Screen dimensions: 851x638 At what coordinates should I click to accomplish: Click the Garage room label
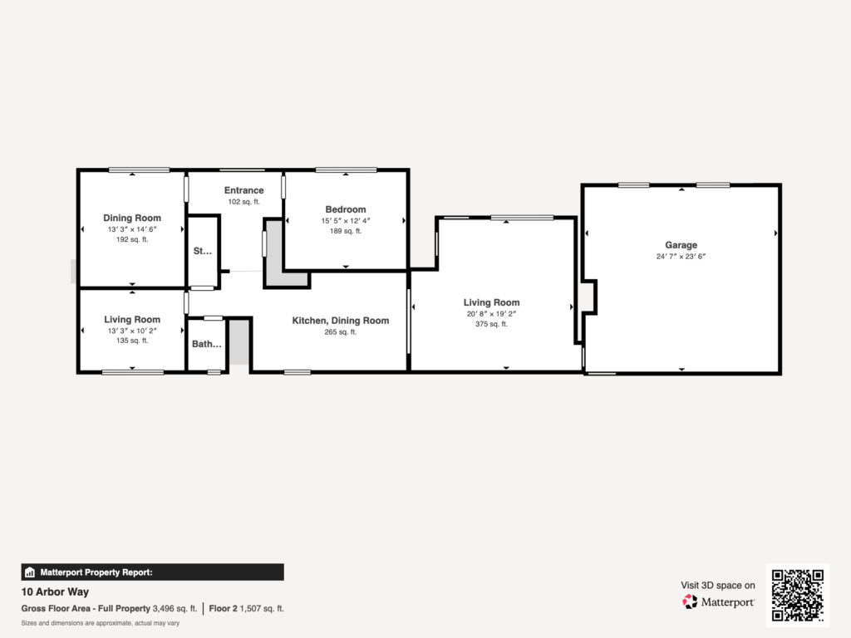[681, 245]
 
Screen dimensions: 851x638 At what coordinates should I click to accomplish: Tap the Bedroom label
[346, 209]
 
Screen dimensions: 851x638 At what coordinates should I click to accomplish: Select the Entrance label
[243, 190]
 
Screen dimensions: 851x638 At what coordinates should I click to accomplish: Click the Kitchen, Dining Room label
[340, 321]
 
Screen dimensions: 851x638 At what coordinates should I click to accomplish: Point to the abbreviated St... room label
[203, 251]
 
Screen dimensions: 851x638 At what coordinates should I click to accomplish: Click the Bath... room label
[207, 344]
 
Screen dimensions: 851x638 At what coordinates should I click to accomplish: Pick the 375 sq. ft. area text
[491, 325]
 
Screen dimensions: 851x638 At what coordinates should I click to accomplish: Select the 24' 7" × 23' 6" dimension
[681, 257]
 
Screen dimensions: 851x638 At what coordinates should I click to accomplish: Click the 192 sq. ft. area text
[132, 239]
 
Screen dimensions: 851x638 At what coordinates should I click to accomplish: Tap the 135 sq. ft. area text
[132, 341]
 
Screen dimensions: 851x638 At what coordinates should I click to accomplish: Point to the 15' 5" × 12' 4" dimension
[346, 221]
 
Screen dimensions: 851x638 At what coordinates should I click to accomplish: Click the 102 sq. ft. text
[243, 202]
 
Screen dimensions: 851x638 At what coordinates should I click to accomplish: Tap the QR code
[797, 595]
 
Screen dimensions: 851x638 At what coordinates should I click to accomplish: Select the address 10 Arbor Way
[55, 591]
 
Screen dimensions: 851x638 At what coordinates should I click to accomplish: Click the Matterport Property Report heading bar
[153, 572]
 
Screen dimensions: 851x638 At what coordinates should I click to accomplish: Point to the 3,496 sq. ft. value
[175, 609]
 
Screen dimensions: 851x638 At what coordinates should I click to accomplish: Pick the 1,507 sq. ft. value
[262, 609]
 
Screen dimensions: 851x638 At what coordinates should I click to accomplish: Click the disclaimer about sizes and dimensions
[101, 623]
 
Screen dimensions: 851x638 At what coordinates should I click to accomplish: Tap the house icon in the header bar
[30, 572]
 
